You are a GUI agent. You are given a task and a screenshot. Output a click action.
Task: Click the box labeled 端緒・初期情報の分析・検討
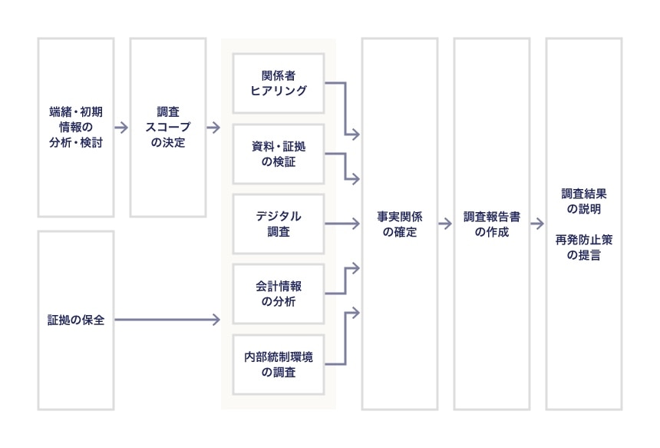point(75,128)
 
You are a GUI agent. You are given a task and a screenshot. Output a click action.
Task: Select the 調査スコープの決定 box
point(167,128)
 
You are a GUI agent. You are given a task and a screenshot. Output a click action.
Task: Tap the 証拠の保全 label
point(75,319)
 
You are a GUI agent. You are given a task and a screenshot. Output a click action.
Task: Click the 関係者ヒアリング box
point(279,83)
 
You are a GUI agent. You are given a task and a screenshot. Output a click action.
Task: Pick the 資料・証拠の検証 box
point(279,154)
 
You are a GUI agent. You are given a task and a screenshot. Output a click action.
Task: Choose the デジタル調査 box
point(279,224)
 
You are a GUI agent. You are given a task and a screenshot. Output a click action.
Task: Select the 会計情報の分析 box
point(279,294)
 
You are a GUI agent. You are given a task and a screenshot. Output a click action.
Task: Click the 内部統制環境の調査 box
point(279,364)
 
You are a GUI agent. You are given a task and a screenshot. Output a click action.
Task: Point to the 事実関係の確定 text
point(399,224)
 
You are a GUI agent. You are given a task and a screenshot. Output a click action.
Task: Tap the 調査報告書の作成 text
point(491,224)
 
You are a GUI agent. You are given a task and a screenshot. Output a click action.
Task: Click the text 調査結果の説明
point(583,201)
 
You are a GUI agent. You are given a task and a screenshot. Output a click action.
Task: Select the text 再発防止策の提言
point(583,247)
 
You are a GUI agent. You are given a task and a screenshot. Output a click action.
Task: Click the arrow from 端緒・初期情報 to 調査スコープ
point(121,128)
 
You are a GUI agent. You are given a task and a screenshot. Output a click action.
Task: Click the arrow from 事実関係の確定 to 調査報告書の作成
point(445,224)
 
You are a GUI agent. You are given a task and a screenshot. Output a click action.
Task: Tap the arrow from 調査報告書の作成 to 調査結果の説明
point(537,224)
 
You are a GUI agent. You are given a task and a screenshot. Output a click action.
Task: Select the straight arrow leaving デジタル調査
point(342,224)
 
